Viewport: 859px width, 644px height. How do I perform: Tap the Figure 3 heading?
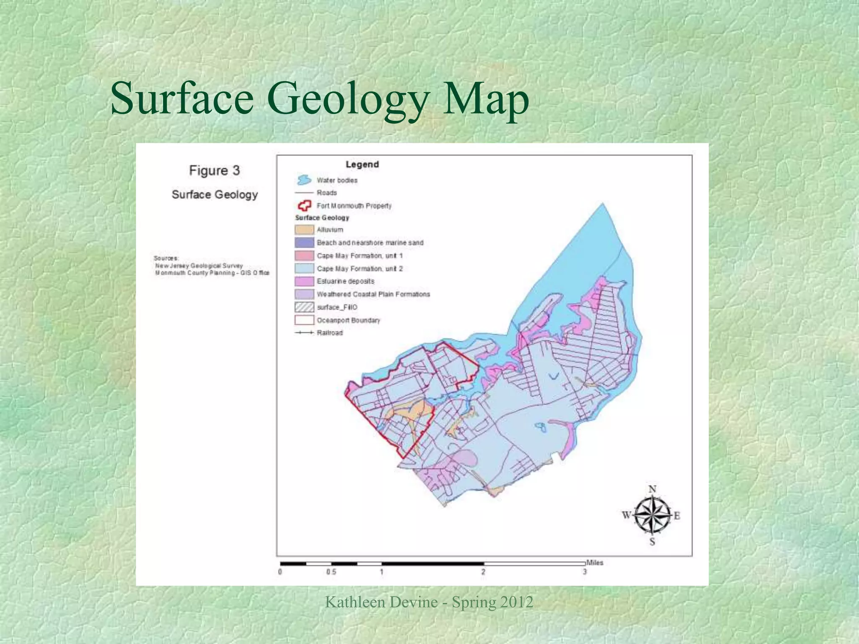click(214, 171)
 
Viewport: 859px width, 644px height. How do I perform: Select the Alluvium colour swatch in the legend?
click(304, 230)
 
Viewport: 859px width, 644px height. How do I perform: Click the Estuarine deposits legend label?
click(345, 281)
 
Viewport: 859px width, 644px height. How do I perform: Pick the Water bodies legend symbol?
click(304, 180)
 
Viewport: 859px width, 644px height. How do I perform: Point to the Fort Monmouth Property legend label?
click(354, 206)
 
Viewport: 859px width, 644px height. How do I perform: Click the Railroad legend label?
click(330, 333)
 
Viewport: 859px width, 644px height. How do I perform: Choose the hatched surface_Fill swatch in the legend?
click(304, 307)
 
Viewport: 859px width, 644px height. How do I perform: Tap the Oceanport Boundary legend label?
click(348, 320)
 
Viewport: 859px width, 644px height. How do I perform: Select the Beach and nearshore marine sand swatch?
click(304, 243)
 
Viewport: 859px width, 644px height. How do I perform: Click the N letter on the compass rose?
click(652, 489)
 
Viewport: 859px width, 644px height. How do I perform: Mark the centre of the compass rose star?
click(651, 515)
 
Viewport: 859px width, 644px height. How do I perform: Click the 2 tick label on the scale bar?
click(483, 572)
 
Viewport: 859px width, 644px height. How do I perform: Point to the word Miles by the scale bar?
click(594, 563)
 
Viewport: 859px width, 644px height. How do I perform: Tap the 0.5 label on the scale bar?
click(331, 572)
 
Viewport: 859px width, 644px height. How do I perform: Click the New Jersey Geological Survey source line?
click(199, 266)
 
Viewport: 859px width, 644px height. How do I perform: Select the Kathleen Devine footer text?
click(429, 602)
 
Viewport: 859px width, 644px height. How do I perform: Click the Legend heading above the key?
click(362, 164)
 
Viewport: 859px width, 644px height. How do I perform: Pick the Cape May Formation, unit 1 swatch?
click(304, 256)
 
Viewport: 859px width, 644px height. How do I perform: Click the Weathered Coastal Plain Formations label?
click(373, 294)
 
